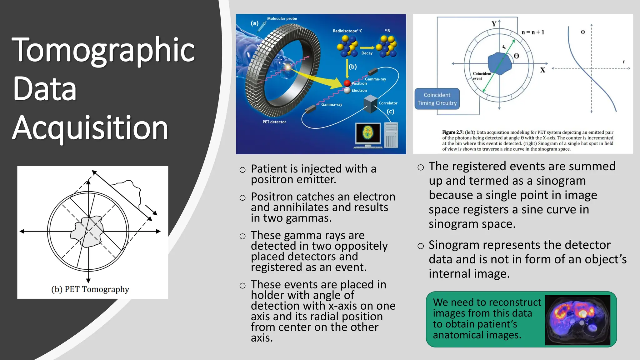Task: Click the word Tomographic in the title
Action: click(103, 50)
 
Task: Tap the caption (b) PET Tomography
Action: click(90, 289)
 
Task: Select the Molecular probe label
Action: click(282, 18)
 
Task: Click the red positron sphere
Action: click(347, 83)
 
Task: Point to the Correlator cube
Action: click(371, 104)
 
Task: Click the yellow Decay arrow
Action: click(367, 48)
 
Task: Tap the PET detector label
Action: click(274, 122)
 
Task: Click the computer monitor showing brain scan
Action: click(368, 133)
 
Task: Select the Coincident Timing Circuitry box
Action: click(437, 99)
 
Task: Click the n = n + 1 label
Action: click(533, 32)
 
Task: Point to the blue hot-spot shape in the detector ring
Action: click(499, 63)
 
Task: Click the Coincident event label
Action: click(482, 76)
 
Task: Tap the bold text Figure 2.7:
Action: click(452, 132)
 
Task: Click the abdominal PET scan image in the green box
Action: click(577, 320)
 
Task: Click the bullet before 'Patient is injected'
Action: click(242, 170)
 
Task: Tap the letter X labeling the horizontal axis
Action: click(543, 70)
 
